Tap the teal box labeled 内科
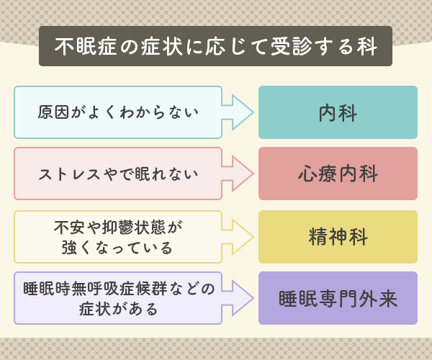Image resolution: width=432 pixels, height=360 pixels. coord(338,112)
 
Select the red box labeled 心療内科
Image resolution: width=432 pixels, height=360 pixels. coord(338,174)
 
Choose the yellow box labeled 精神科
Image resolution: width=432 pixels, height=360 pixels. coord(338,236)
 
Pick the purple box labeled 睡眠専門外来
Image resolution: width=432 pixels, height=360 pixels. coord(338,298)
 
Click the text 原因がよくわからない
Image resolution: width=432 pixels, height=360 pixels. coord(118,112)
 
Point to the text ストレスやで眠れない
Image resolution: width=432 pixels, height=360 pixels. coord(118,174)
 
